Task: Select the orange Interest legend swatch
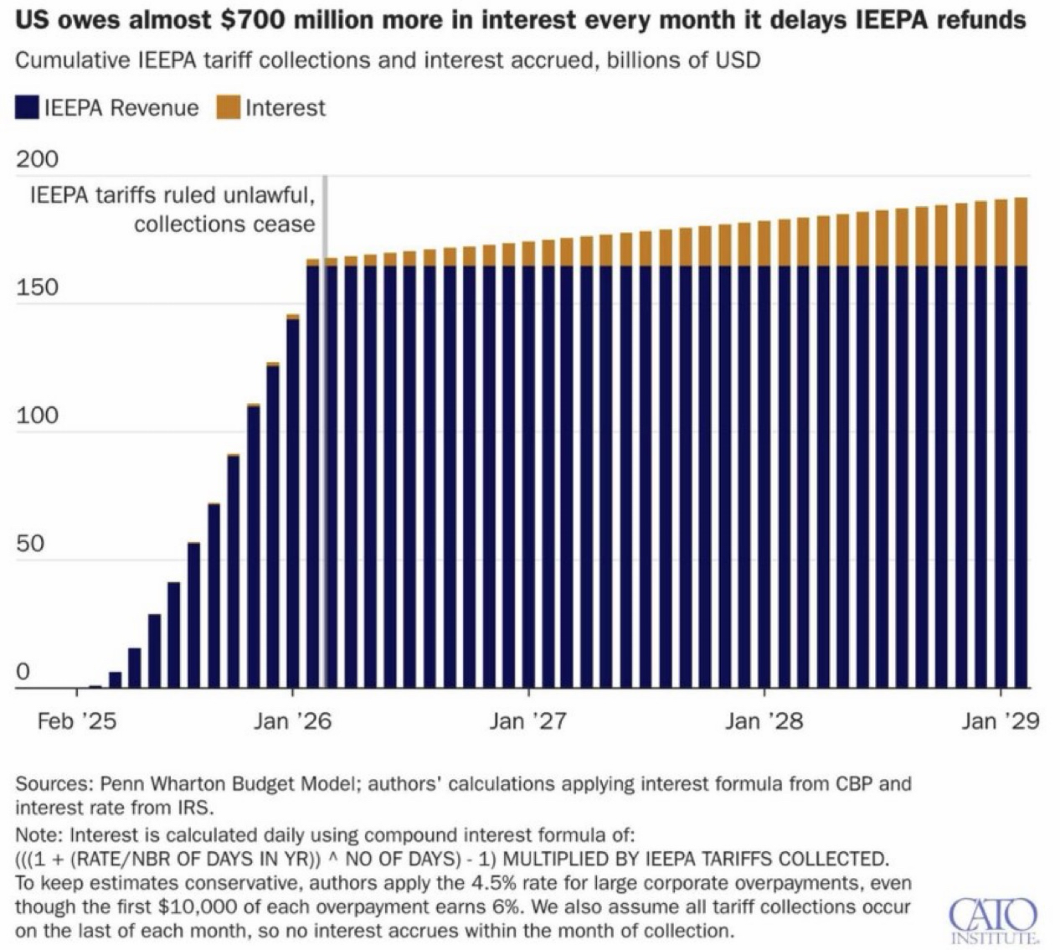[x=228, y=108]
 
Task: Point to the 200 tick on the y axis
[x=37, y=159]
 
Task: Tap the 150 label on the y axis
[x=37, y=287]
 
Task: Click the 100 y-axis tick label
[x=37, y=416]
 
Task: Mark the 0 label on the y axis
[x=23, y=672]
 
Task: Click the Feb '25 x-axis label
[x=76, y=721]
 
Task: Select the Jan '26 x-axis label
[x=292, y=721]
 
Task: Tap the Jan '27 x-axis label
[x=528, y=721]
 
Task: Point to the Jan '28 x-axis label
[x=764, y=721]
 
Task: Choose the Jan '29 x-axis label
[x=1000, y=721]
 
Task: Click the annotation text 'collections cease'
[x=224, y=225]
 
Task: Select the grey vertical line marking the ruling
[x=324, y=419]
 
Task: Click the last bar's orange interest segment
[x=1021, y=232]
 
